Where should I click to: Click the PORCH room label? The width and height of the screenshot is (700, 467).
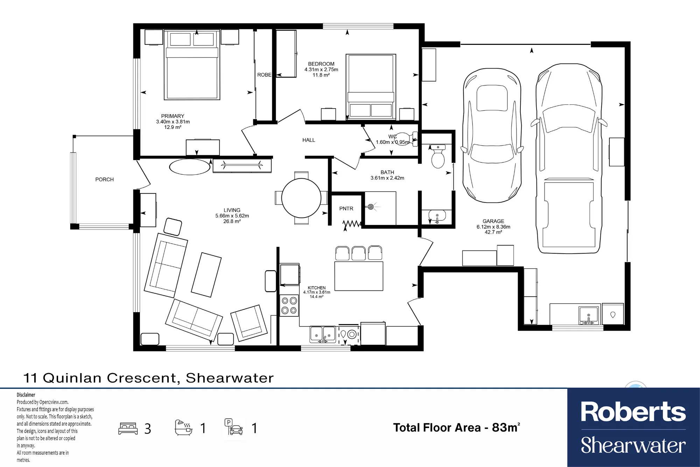(x=104, y=179)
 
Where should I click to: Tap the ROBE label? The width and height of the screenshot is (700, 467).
(x=264, y=75)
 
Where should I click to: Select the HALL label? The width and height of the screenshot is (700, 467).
(x=309, y=140)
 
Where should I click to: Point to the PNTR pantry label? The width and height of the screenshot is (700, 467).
(x=346, y=208)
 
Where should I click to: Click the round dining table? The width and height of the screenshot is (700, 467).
(x=301, y=198)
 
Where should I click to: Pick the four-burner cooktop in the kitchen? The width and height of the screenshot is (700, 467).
(x=289, y=305)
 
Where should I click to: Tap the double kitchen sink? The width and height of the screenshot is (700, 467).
(x=323, y=334)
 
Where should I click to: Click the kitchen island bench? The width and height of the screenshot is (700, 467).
(x=359, y=276)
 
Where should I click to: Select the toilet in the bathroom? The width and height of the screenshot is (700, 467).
(x=438, y=156)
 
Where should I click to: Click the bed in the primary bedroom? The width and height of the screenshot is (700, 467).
(x=192, y=65)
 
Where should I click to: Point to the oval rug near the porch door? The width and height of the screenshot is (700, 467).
(x=190, y=167)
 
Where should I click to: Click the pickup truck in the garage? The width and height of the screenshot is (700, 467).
(x=569, y=158)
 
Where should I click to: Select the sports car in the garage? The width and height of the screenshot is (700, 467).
(x=492, y=136)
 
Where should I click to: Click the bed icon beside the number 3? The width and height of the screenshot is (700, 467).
(x=128, y=428)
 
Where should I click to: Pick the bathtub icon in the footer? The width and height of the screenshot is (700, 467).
(x=183, y=427)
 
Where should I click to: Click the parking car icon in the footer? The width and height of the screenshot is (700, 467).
(x=234, y=427)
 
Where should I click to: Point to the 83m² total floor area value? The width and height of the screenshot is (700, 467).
(x=506, y=427)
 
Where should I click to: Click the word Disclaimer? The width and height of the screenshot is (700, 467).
(x=26, y=395)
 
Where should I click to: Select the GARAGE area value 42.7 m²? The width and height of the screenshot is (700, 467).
(x=493, y=232)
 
